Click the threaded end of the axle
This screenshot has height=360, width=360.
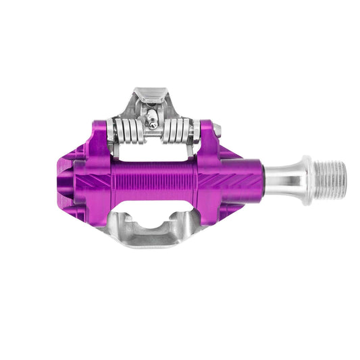(x=332, y=180)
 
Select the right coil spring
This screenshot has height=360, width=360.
(x=178, y=130)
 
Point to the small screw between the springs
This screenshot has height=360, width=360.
(x=153, y=123)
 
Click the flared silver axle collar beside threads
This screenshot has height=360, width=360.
(x=307, y=180)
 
